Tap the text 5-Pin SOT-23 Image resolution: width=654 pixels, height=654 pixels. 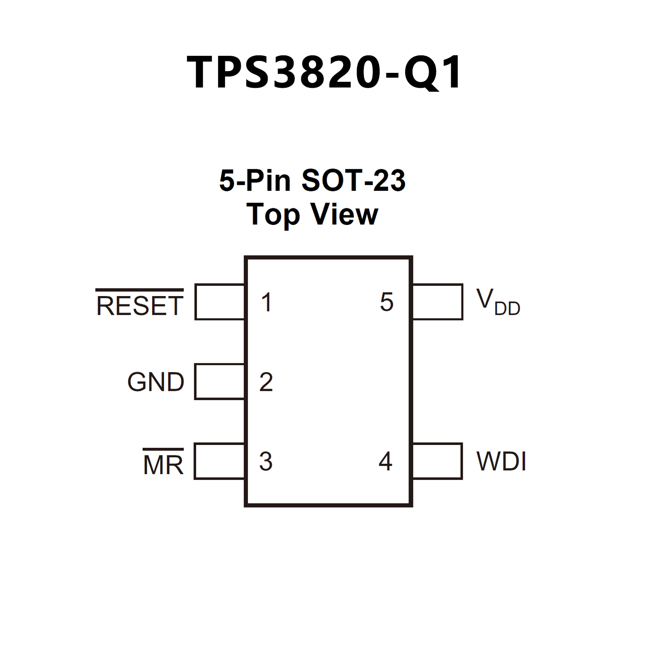(312, 180)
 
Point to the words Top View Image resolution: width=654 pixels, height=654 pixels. (312, 214)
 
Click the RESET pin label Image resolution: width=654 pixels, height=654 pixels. (140, 305)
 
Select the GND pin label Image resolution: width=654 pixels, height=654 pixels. (156, 382)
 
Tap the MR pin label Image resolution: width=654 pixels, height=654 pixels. (163, 464)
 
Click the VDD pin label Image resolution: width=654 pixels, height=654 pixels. (498, 302)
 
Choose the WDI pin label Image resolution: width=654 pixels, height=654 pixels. (501, 461)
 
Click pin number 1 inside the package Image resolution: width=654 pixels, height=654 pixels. (267, 302)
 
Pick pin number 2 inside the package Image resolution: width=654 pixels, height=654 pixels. (266, 382)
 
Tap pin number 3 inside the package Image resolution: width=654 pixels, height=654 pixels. (266, 461)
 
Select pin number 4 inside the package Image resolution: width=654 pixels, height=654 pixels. (386, 461)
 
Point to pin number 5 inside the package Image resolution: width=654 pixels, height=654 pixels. (386, 302)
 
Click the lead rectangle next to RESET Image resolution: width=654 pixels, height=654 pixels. (219, 302)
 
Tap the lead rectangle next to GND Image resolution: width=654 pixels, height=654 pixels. (219, 382)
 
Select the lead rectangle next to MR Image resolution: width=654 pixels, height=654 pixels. (219, 461)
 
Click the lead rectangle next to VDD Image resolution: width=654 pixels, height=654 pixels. (438, 302)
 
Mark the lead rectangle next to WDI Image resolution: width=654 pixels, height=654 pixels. (438, 461)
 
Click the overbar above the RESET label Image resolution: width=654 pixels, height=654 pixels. (140, 290)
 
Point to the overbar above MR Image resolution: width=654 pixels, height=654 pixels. (163, 449)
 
